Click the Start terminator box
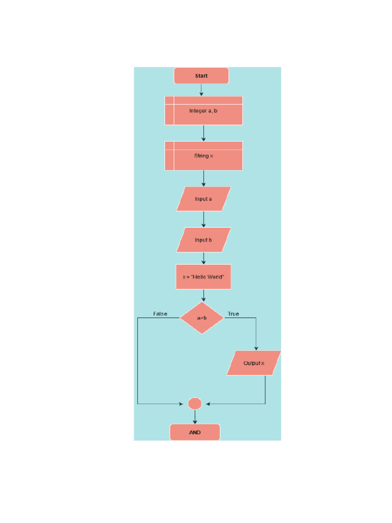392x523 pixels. coord(201,76)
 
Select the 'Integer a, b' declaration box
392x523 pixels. coord(203,110)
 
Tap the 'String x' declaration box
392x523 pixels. coord(203,156)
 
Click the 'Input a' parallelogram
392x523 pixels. coord(203,199)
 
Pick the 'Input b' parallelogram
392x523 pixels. coord(203,240)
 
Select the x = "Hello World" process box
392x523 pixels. coord(203,277)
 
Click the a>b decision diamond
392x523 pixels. coord(202,318)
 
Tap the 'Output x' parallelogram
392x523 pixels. coord(254,363)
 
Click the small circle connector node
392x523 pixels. coord(194,403)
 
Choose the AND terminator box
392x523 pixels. coord(194,432)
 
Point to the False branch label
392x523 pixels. coord(160,314)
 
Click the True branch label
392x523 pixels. coord(233,314)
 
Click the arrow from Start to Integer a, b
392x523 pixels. coord(202,90)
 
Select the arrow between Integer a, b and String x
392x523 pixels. coord(204,133)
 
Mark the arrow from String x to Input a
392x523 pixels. coord(204,178)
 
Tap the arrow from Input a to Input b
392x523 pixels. coord(204,219)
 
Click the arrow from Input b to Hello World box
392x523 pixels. coord(204,258)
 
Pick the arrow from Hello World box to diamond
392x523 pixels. coord(204,296)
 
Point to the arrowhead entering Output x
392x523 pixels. coord(256,348)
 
